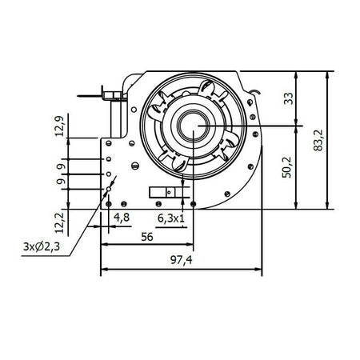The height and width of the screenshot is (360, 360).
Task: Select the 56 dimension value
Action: coord(147,237)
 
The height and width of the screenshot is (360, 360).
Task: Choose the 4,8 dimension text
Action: coord(122,217)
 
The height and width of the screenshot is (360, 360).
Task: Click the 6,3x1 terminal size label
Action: coord(170,217)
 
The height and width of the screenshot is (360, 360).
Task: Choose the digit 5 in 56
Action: coord(143,237)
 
